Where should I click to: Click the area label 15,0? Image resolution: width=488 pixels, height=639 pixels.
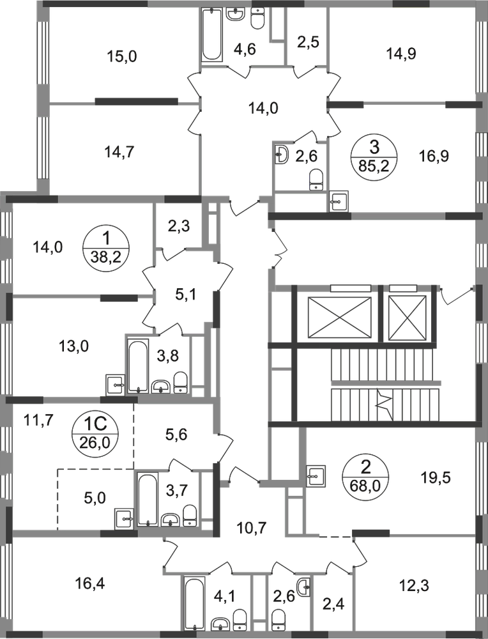122,56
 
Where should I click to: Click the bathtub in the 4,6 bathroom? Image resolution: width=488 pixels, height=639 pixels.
212,35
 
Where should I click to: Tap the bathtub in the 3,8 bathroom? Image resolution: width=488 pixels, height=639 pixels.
138,366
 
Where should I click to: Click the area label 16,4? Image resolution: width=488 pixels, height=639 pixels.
90,583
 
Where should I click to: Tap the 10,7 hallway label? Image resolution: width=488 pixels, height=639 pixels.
252,528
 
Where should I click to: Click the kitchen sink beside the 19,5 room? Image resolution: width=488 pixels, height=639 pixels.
316,475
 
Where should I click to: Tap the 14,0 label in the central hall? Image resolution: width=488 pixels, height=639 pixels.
263,109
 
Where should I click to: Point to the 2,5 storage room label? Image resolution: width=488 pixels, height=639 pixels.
308,42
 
